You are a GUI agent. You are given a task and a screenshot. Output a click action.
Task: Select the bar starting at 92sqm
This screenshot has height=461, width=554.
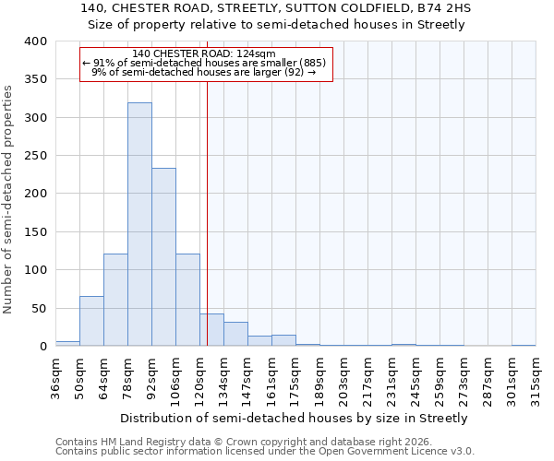pyautogui.click(x=163, y=257)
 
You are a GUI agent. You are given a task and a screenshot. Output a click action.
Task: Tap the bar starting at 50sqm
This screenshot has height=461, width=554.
pyautogui.click(x=91, y=321)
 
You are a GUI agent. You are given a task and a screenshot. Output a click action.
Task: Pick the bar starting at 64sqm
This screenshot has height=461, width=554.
pyautogui.click(x=115, y=300)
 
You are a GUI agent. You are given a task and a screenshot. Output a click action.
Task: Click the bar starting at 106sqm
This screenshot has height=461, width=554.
pyautogui.click(x=187, y=300)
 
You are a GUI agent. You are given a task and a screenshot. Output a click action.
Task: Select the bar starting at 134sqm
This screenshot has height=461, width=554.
pyautogui.click(x=235, y=334)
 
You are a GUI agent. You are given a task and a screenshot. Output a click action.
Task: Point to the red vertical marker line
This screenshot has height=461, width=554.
pyautogui.click(x=207, y=212)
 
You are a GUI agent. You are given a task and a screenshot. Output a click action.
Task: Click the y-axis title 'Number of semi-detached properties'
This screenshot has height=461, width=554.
pyautogui.click(x=9, y=199)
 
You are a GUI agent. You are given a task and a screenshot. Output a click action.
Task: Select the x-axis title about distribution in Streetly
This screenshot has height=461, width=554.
pyautogui.click(x=295, y=418)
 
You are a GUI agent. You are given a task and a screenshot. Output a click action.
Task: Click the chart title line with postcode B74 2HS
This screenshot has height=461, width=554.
pyautogui.click(x=276, y=8)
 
